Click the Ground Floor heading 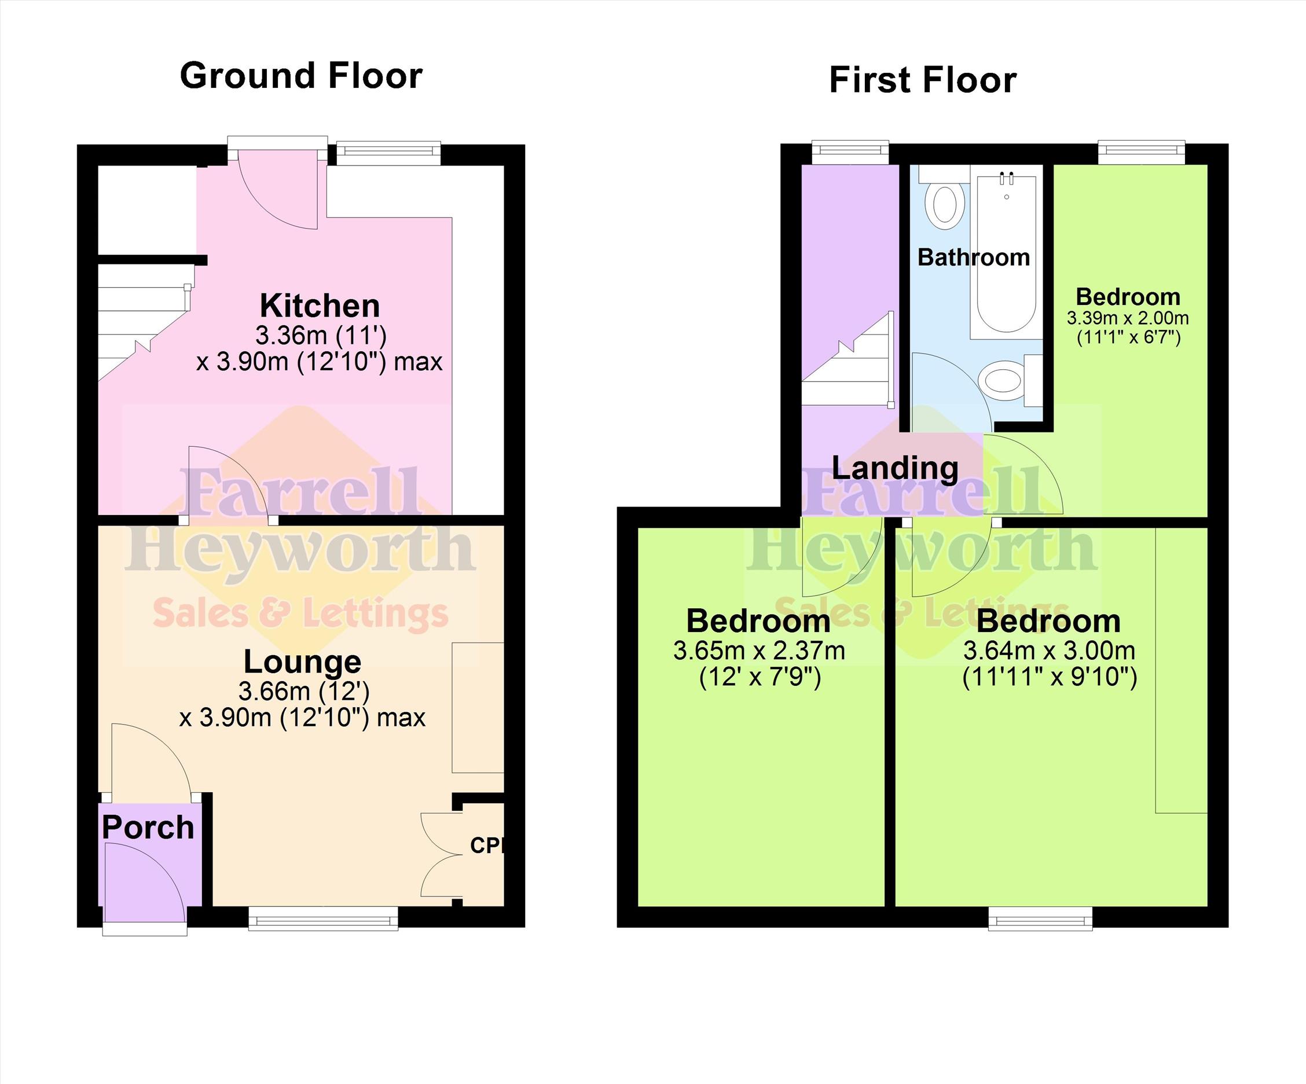coord(301,76)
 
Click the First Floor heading coord(923,80)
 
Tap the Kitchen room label coord(320,306)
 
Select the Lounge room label coord(302,662)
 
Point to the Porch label coord(148,827)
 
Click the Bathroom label coord(974,257)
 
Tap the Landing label coord(895,468)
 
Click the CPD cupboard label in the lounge coord(486,845)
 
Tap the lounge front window coord(323,918)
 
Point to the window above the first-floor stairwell coord(850,153)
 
